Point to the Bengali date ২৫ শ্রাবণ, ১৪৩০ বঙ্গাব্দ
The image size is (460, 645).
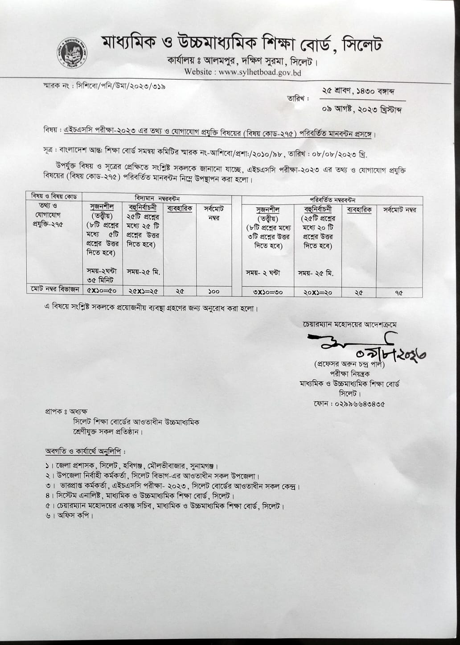(x=357, y=91)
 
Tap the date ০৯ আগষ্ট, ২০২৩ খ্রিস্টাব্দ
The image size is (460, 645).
(x=361, y=109)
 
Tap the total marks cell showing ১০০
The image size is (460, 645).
(x=214, y=291)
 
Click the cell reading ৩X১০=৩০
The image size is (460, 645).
(x=267, y=292)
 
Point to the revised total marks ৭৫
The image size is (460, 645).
(x=398, y=293)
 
